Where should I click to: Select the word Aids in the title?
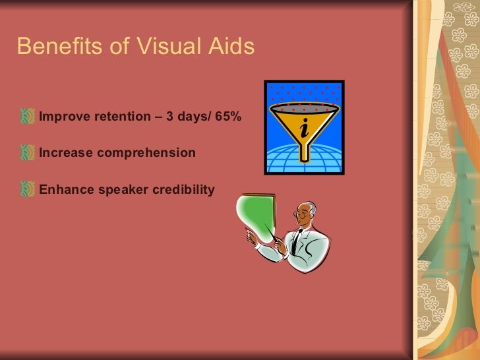pyautogui.click(x=229, y=47)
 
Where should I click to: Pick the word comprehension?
pyautogui.click(x=146, y=154)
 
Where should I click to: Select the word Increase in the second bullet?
pyautogui.click(x=66, y=154)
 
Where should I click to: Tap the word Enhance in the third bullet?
pyautogui.click(x=65, y=190)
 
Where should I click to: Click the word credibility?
pyautogui.click(x=184, y=190)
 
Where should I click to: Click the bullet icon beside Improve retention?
pyautogui.click(x=28, y=117)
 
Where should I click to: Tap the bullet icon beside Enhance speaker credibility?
pyautogui.click(x=28, y=190)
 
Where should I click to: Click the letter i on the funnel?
pyautogui.click(x=303, y=128)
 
